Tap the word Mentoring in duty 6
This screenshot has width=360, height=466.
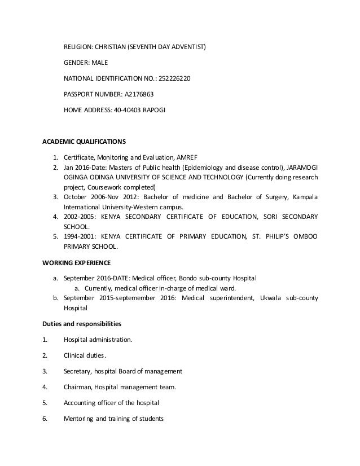(x=80, y=419)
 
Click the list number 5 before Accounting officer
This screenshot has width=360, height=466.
(x=44, y=403)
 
